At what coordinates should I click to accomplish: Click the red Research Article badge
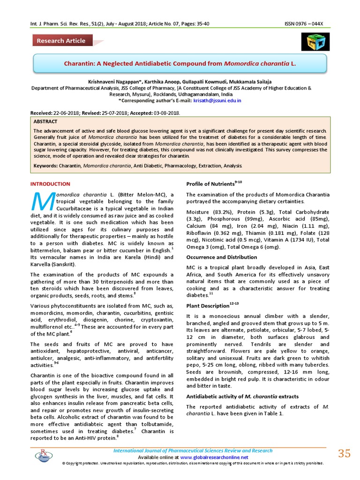click(61, 41)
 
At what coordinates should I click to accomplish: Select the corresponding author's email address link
click(217, 100)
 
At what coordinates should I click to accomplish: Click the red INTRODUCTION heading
click(50, 184)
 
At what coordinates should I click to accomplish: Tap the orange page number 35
click(344, 453)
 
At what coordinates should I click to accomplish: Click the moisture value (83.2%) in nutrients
click(222, 212)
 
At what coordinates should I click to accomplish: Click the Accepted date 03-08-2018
click(165, 113)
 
